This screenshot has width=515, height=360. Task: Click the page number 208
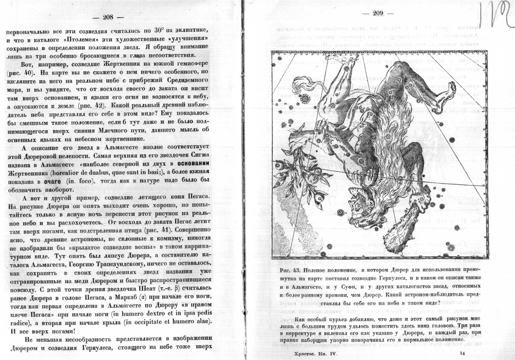coord(108,17)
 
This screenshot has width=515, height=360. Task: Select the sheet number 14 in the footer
coord(463,354)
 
